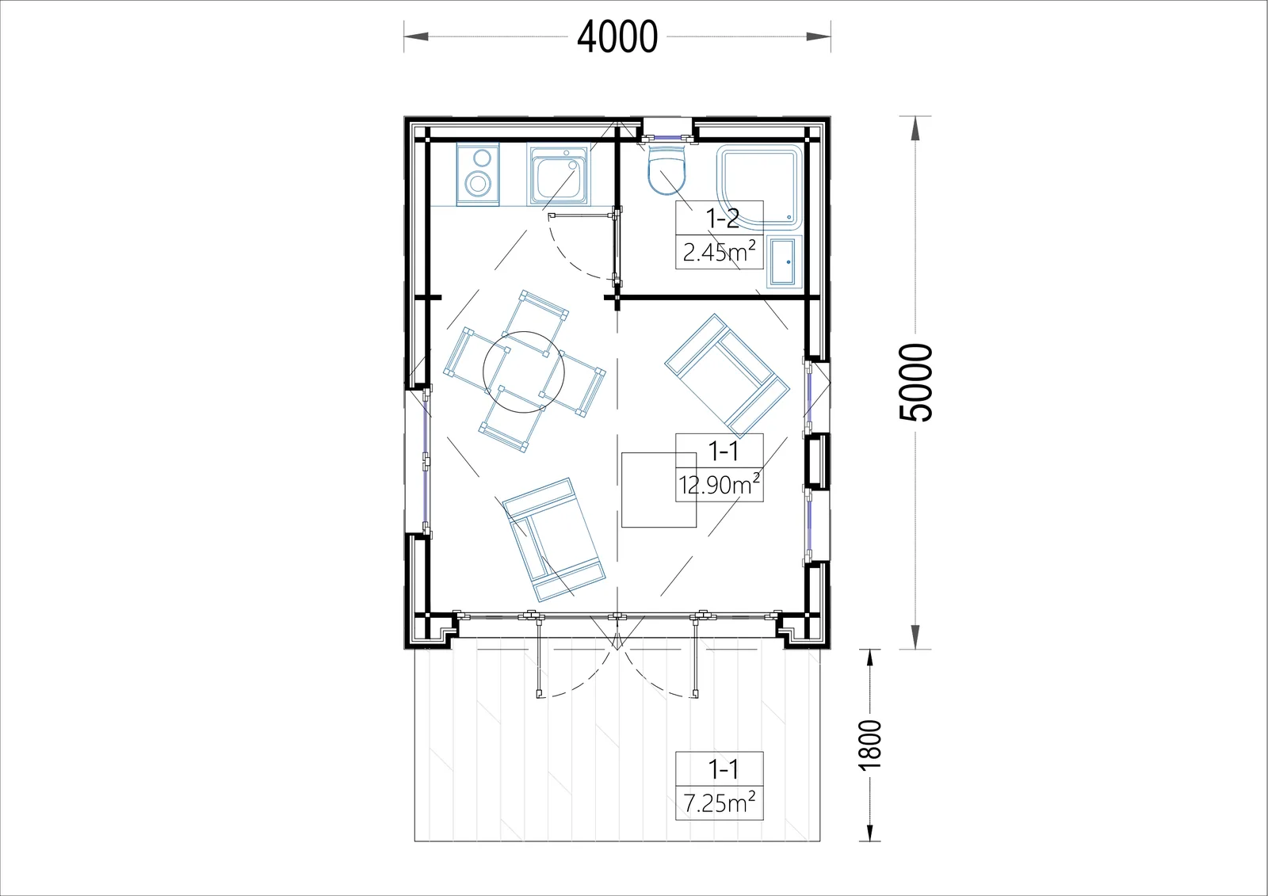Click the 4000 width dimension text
[x=617, y=37]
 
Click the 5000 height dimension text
[x=915, y=382]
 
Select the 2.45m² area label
[x=720, y=252]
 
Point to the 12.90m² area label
[x=720, y=485]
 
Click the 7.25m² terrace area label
[x=720, y=803]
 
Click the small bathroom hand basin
[x=785, y=262]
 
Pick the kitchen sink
[x=558, y=174]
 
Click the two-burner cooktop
[x=478, y=174]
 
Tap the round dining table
[x=524, y=372]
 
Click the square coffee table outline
[x=659, y=490]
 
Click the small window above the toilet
[x=667, y=136]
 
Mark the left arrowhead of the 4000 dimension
[x=416, y=36]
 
